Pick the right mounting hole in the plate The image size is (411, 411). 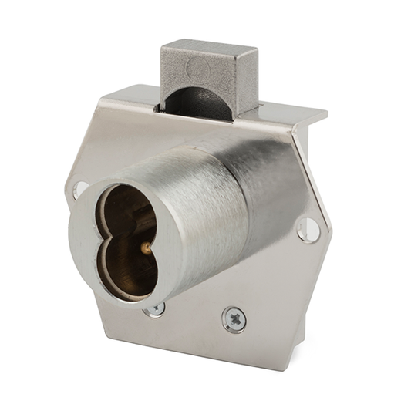pos(307,229)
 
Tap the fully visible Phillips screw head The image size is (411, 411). pos(234,318)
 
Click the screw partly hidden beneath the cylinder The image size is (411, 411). pos(157,308)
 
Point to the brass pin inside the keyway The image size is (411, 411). pos(144,247)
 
